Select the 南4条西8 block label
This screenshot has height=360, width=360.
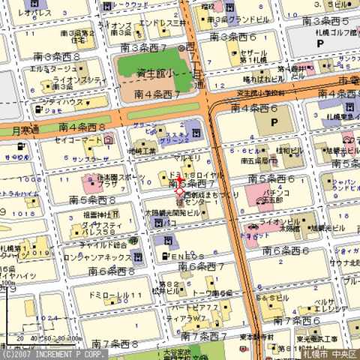(x=80, y=127)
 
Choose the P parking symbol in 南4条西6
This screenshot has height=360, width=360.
(x=274, y=121)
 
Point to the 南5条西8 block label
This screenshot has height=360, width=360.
(x=92, y=200)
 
